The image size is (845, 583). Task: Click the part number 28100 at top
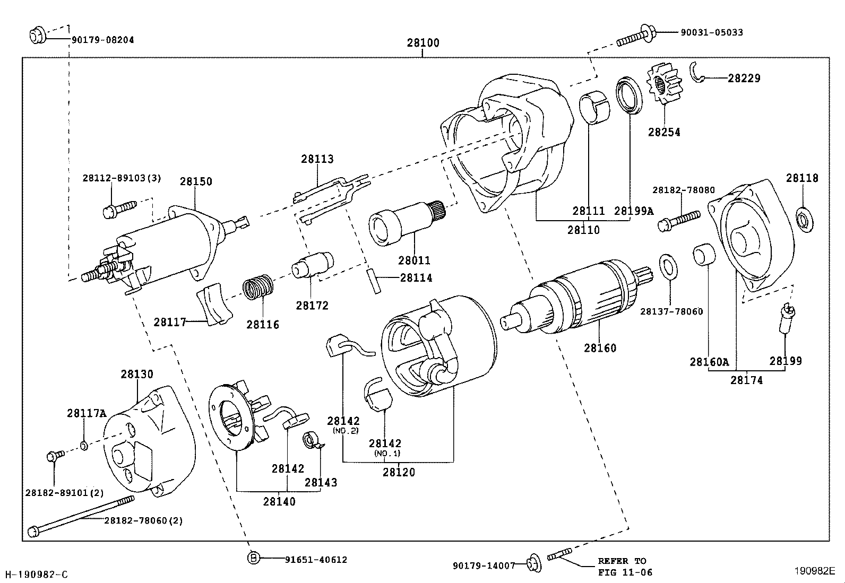[423, 43]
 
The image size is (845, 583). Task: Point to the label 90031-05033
[711, 32]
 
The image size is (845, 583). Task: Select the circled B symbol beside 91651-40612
[255, 558]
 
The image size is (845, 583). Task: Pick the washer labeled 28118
[805, 220]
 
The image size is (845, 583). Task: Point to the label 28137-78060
[671, 311]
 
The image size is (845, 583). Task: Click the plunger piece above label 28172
[313, 264]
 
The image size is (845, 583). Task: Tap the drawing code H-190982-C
[36, 574]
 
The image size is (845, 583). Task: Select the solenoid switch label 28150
[195, 181]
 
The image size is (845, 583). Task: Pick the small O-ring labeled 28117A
[84, 445]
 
